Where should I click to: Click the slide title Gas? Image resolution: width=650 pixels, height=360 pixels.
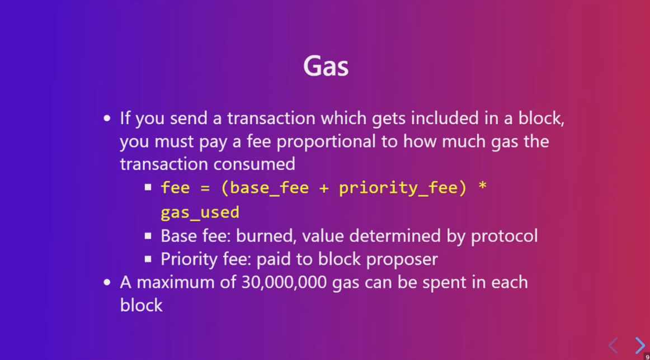point(326,67)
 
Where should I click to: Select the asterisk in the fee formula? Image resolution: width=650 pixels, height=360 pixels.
point(482,188)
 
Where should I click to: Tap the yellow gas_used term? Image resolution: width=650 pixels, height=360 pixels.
point(200,212)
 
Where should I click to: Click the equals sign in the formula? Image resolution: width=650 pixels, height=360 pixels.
point(205,188)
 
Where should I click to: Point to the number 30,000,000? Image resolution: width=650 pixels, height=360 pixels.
point(285,282)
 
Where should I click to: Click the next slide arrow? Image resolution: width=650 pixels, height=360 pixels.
point(639,345)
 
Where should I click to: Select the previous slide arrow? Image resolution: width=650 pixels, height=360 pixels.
point(613,345)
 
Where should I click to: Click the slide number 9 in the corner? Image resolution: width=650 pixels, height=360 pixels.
point(647,357)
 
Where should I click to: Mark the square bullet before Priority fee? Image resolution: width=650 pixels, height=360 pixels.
point(148,259)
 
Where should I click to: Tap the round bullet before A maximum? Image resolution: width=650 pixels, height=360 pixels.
point(108,282)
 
